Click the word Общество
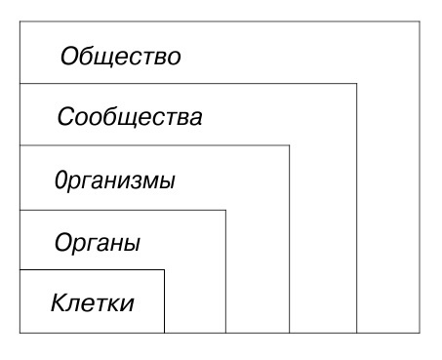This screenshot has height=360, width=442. point(120,57)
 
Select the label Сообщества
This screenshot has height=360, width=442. point(129,119)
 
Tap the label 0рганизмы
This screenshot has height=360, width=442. point(113,181)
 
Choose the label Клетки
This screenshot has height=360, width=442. point(92,301)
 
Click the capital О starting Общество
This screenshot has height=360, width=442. point(68,57)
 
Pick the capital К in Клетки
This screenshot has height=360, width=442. point(58,301)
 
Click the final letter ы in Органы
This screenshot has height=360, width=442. point(134,242)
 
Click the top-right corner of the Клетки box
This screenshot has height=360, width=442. point(164,270)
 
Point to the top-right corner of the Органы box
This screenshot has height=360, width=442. point(225,210)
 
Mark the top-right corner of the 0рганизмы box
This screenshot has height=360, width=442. point(290,146)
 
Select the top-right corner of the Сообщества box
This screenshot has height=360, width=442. point(356,85)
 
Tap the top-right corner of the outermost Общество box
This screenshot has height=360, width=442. point(422,21)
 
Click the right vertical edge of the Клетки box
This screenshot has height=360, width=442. point(164,302)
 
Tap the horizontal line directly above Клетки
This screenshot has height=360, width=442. point(92,270)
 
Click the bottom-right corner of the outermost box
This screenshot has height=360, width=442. point(422,334)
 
